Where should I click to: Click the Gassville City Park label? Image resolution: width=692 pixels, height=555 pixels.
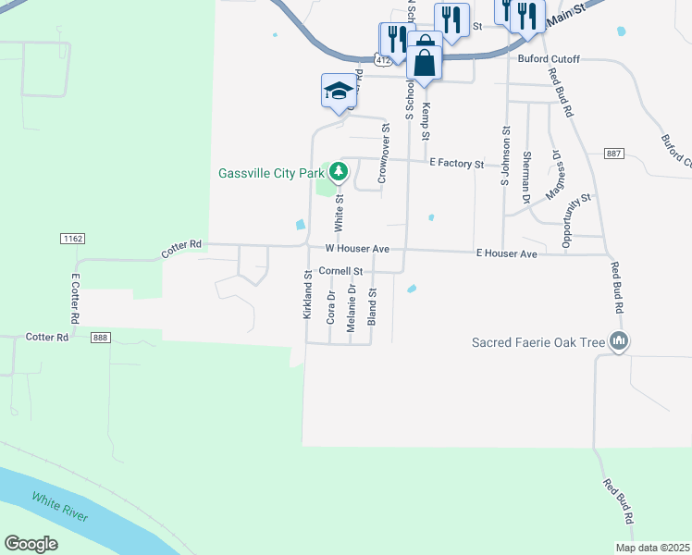[271, 172]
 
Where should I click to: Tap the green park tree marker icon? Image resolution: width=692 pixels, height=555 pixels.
[339, 171]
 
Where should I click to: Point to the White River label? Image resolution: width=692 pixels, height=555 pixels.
[60, 508]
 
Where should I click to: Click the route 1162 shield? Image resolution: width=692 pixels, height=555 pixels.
[72, 239]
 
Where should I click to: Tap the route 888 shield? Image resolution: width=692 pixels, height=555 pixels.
[101, 339]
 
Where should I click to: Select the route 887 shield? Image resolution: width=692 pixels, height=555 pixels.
[613, 153]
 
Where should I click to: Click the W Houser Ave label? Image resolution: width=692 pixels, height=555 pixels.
[357, 249]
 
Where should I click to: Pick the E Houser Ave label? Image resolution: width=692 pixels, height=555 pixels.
[506, 253]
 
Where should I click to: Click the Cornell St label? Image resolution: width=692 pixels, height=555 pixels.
[340, 271]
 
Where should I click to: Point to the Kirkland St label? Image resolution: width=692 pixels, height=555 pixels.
[307, 294]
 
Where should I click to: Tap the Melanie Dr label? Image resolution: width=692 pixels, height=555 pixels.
[352, 307]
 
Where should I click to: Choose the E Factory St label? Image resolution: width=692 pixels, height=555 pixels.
[457, 164]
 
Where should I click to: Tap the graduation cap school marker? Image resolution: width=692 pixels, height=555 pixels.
[339, 92]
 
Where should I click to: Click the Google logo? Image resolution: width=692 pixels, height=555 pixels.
[31, 544]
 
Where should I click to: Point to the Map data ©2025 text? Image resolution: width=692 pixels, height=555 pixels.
[652, 548]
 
